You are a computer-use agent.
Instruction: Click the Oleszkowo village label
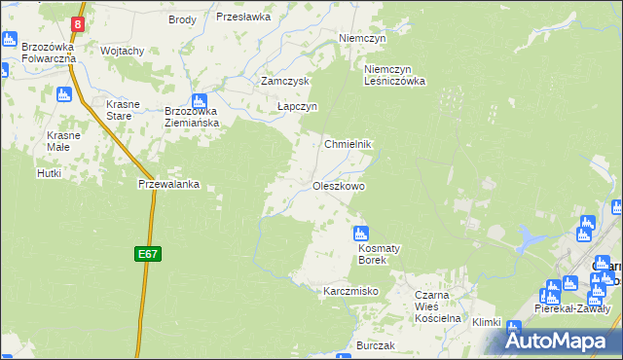click(x=339, y=186)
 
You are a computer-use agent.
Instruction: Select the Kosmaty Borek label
click(x=359, y=254)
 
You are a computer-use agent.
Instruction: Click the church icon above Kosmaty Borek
click(x=360, y=234)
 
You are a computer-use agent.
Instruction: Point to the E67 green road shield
click(x=147, y=254)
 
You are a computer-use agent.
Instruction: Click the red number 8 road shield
click(x=79, y=22)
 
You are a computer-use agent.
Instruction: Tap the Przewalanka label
click(x=168, y=183)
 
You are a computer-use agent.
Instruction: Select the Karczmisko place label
click(x=349, y=291)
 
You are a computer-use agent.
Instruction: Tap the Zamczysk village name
click(x=284, y=82)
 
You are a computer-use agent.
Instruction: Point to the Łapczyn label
click(x=297, y=107)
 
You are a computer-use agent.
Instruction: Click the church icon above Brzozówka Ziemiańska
click(x=200, y=100)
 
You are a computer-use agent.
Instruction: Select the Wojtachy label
click(x=123, y=51)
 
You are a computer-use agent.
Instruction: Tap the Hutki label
click(x=50, y=173)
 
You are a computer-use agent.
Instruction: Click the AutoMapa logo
click(x=563, y=342)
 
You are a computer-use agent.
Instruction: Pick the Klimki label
click(x=486, y=322)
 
